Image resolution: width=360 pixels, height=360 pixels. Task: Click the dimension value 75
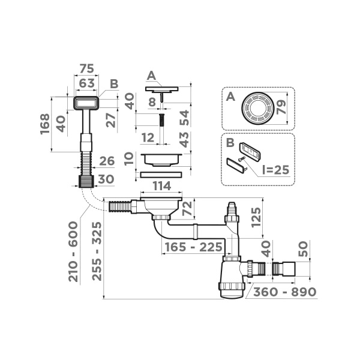[87, 67]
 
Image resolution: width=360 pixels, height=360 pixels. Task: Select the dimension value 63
[87, 82]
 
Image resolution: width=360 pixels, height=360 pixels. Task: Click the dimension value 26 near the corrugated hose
[106, 161]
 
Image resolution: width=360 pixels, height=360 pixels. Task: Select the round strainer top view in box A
[257, 109]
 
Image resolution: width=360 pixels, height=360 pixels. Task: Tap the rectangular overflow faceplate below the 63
[86, 103]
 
